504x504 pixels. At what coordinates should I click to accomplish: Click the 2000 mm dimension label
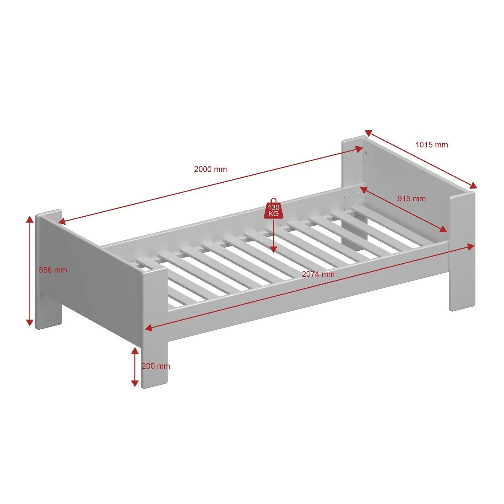pos(210,169)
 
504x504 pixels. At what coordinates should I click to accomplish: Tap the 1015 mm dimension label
pos(432,144)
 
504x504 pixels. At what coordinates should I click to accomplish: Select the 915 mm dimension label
pos(412,199)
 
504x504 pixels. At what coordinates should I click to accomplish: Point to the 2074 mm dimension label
pos(318,274)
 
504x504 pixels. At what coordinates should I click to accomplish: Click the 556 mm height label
pos(53,270)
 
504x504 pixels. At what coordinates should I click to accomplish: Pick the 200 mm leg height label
pos(156,366)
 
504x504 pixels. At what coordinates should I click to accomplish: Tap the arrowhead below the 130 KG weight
pos(273,249)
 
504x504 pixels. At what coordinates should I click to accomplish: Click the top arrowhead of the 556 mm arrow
pos(30,219)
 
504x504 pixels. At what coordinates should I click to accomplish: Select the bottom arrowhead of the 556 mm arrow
pos(30,323)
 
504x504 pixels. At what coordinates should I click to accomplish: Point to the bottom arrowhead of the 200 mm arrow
pos(135,383)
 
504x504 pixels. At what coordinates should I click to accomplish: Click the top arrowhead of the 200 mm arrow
pos(135,351)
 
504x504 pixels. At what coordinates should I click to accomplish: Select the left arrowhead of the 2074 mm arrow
pos(149,328)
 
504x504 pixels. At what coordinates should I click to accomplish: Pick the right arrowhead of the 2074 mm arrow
pos(470,247)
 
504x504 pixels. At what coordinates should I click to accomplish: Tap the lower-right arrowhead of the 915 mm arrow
pos(443,229)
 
